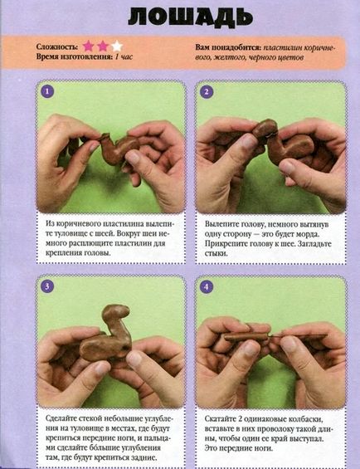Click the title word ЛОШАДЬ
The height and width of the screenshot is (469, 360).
(x=191, y=17)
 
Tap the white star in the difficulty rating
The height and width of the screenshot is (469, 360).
(x=117, y=46)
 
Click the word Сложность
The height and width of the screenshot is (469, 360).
(x=56, y=47)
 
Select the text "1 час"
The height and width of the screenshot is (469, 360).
(x=124, y=56)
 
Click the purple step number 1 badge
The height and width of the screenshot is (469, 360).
(x=47, y=91)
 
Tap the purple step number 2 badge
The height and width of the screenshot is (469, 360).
(x=207, y=92)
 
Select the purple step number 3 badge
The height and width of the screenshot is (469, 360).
(x=47, y=286)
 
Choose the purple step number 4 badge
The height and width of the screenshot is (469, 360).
(x=207, y=287)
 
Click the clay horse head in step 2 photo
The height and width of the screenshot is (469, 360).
(x=265, y=129)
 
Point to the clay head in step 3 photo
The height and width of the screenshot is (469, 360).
(x=115, y=313)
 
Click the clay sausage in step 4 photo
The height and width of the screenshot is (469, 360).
(x=246, y=337)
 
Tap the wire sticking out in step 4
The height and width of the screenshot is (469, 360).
(x=298, y=335)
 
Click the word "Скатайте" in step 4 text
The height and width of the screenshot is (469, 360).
(x=220, y=418)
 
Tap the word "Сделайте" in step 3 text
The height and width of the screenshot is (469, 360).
(x=60, y=418)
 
